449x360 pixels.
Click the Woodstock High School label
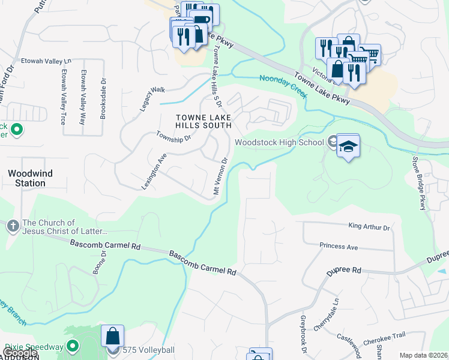[x=280, y=142]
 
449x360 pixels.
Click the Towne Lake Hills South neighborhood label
[x=203, y=121]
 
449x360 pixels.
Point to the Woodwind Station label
[x=30, y=178]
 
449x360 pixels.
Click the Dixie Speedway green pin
[x=73, y=346]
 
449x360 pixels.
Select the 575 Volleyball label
[x=148, y=350]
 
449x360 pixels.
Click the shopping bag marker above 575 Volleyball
[x=113, y=337]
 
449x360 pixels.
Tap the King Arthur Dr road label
[x=369, y=227]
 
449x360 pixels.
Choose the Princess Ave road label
[x=339, y=247]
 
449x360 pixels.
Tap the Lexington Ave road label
[x=154, y=170]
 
